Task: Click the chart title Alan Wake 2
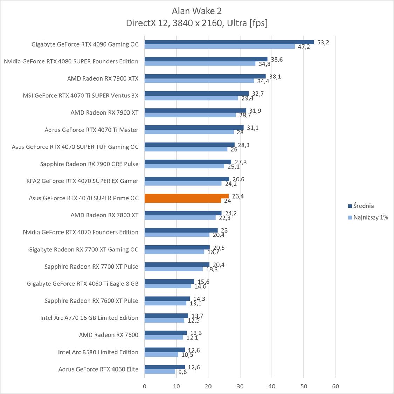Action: pyautogui.click(x=196, y=11)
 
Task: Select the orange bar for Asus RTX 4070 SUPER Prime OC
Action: pyautogui.click(x=186, y=198)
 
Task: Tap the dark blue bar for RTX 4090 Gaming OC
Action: pyautogui.click(x=229, y=42)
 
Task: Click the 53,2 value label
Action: pyautogui.click(x=323, y=42)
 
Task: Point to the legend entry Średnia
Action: pyautogui.click(x=363, y=206)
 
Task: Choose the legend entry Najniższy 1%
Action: pyautogui.click(x=371, y=217)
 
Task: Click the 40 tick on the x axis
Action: pyautogui.click(x=272, y=386)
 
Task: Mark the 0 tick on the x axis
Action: pyautogui.click(x=145, y=386)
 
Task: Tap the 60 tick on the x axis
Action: pyautogui.click(x=336, y=386)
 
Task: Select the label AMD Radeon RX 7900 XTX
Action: pyautogui.click(x=103, y=78)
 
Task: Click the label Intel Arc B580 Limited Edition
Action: pyautogui.click(x=98, y=352)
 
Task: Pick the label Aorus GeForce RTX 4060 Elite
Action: pyautogui.click(x=98, y=369)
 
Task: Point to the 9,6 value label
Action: pyautogui.click(x=182, y=372)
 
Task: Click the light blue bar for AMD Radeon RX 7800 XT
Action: pyautogui.click(x=180, y=218)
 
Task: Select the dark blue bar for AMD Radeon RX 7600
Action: pyautogui.click(x=166, y=333)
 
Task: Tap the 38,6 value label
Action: pyautogui.click(x=277, y=60)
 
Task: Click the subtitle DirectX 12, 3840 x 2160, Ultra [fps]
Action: pyautogui.click(x=196, y=23)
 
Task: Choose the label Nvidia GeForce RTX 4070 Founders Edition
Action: pyautogui.click(x=81, y=232)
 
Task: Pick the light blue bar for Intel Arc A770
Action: pyautogui.click(x=164, y=320)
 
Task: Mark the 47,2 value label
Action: pyautogui.click(x=304, y=47)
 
